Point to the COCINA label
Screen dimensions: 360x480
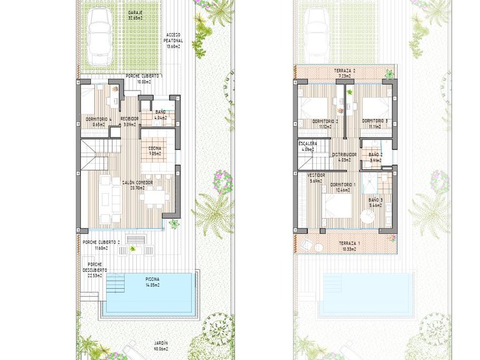[x=154, y=149]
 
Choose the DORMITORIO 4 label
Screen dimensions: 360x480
[x=98, y=121]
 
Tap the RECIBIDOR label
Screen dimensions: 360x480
[x=129, y=121]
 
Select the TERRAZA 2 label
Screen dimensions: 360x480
[x=345, y=73]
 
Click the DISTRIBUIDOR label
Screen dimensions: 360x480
[x=344, y=156]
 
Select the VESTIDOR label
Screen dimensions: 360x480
[x=317, y=178]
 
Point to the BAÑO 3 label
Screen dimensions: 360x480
[x=376, y=201]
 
